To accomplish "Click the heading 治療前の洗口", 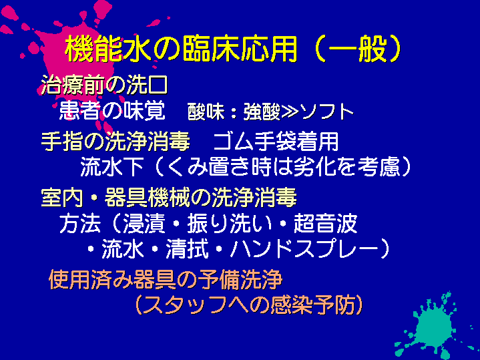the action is click(104, 85).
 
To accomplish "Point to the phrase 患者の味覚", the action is click(112, 111).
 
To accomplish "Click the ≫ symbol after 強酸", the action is click(289, 112).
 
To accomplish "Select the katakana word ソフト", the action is click(326, 112).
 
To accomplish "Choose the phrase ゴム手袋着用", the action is click(276, 141).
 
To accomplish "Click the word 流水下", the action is click(112, 167).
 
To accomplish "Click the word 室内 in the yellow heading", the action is click(62, 197).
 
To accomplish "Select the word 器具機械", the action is click(148, 197).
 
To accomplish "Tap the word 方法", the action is click(80, 223).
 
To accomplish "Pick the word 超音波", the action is click(325, 223).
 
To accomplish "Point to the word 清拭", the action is click(187, 248).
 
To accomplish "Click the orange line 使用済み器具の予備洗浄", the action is click(166, 279).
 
